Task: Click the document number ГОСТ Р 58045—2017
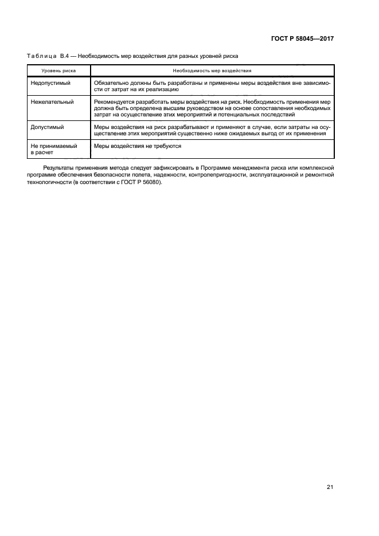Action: pyautogui.click(x=302, y=39)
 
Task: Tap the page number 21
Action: pyautogui.click(x=330, y=487)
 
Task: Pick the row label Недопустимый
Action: pyautogui.click(x=50, y=83)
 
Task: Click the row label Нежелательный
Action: pyautogui.click(x=52, y=101)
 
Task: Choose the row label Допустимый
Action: pyautogui.click(x=47, y=126)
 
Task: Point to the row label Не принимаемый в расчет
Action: pyautogui.click(x=53, y=149)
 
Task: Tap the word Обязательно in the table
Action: pyautogui.click(x=111, y=83)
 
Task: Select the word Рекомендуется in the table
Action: pyautogui.click(x=114, y=101)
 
